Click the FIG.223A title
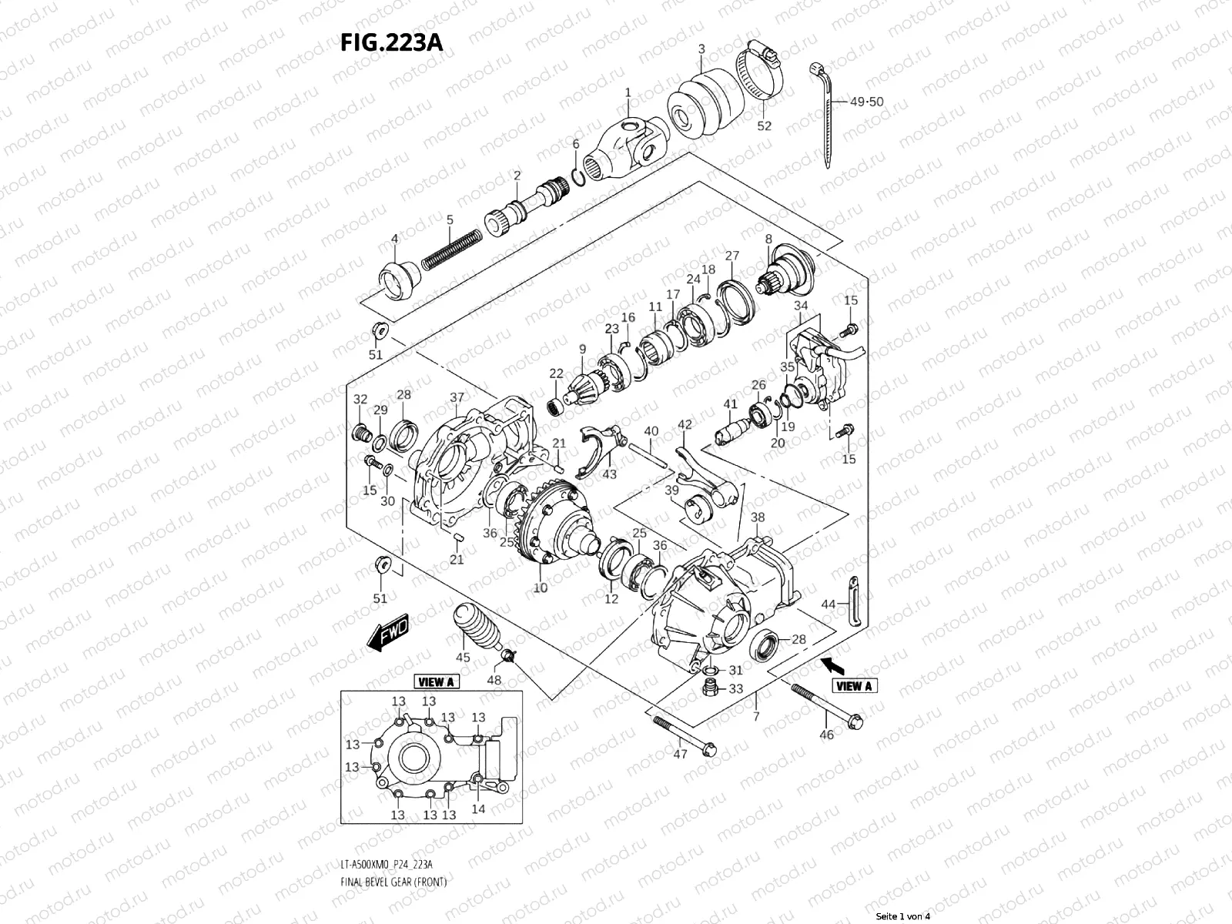[x=390, y=42]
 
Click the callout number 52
[x=763, y=126]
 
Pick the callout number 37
[x=457, y=397]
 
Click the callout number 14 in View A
[x=478, y=809]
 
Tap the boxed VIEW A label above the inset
[x=436, y=681]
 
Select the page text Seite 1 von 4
[x=903, y=916]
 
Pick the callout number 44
[x=828, y=604]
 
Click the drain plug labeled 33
[x=711, y=685]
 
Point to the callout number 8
[x=768, y=239]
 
